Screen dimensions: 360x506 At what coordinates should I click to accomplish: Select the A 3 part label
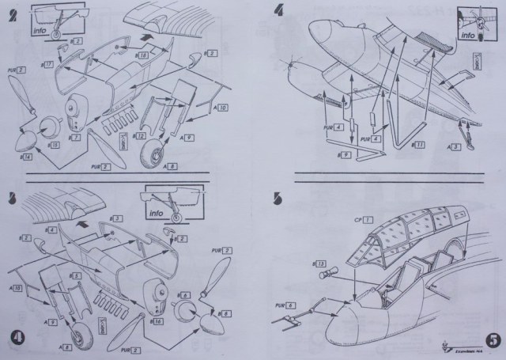pyautogui.click(x=452, y=146)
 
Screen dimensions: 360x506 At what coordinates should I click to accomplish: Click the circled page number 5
pyautogui.click(x=492, y=340)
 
